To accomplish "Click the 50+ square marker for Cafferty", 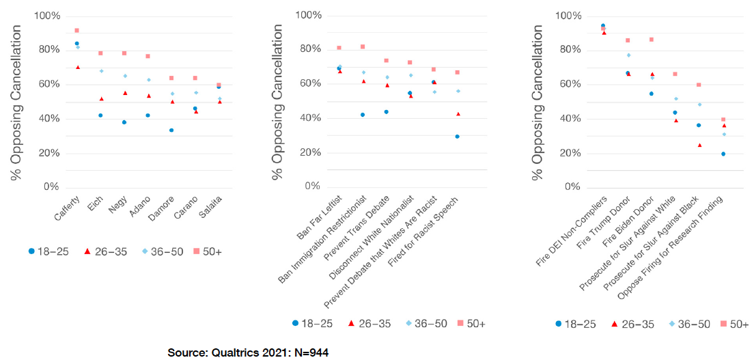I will click(x=76, y=31).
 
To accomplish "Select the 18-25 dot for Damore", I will click(x=171, y=130).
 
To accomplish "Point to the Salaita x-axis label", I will click(x=210, y=209).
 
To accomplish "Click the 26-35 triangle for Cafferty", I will click(x=77, y=67).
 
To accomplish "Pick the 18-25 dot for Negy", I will click(x=124, y=122).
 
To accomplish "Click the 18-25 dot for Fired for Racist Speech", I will click(x=457, y=137).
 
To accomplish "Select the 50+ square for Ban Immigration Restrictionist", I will click(x=363, y=46).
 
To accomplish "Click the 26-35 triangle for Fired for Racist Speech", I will click(x=457, y=113).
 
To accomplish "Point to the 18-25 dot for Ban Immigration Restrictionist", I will click(x=363, y=115).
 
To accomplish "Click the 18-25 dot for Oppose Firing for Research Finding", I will click(x=723, y=154).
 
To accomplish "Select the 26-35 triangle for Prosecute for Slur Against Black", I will click(x=699, y=145).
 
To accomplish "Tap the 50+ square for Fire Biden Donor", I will click(x=652, y=40).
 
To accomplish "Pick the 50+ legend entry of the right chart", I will click(x=732, y=323).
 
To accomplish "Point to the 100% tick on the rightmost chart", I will click(x=569, y=16).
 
